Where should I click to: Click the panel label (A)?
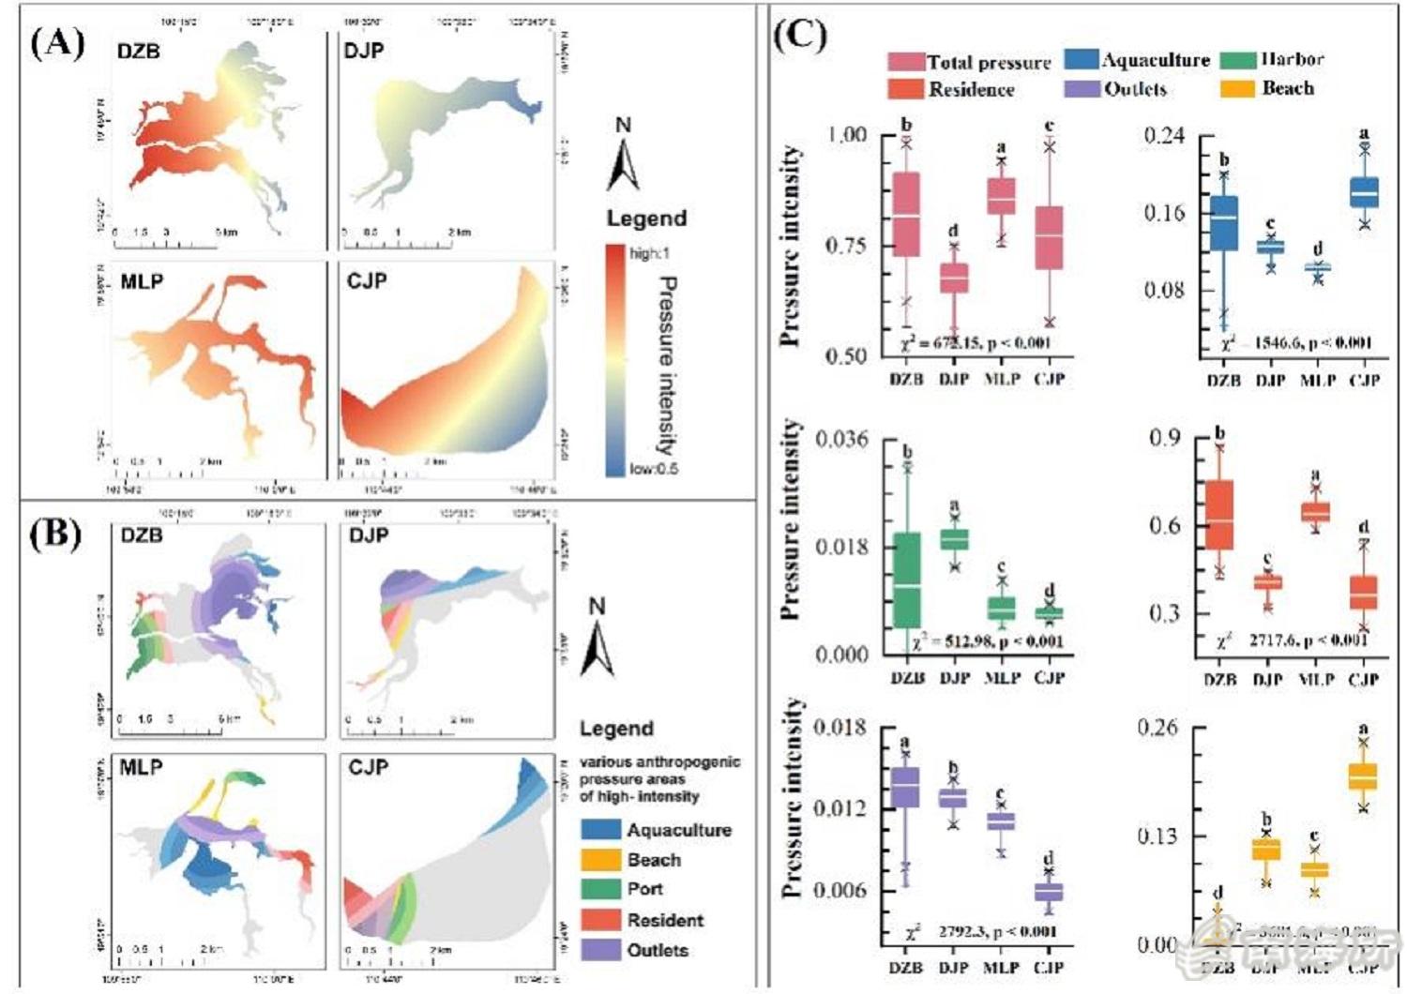pyautogui.click(x=58, y=43)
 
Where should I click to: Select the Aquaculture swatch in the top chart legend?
pyautogui.click(x=1082, y=60)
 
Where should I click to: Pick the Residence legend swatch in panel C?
pyautogui.click(x=905, y=89)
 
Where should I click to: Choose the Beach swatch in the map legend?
pyautogui.click(x=600, y=860)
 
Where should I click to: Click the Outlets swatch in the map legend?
pyautogui.click(x=600, y=949)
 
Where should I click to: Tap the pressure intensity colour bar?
pyautogui.click(x=615, y=360)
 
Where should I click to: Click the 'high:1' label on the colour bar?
pyautogui.click(x=650, y=254)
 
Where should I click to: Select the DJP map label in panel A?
pyautogui.click(x=363, y=51)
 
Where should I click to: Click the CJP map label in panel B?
pyautogui.click(x=368, y=767)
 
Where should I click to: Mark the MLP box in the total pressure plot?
pyautogui.click(x=1002, y=197)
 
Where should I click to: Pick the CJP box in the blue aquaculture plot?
pyautogui.click(x=1364, y=191)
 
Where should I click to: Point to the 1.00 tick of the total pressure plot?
pyautogui.click(x=847, y=135)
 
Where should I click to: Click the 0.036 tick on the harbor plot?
pyautogui.click(x=842, y=439)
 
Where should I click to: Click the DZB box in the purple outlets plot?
pyautogui.click(x=905, y=788)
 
